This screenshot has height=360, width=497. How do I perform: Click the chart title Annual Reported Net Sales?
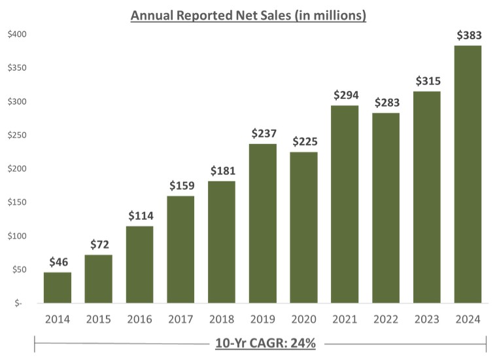pyautogui.click(x=248, y=14)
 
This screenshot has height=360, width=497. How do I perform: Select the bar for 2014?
pyautogui.click(x=58, y=287)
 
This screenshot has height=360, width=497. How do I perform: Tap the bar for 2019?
pyautogui.click(x=263, y=223)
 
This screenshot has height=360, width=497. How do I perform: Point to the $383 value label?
pyautogui.click(x=468, y=35)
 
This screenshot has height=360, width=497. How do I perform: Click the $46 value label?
pyautogui.click(x=58, y=262)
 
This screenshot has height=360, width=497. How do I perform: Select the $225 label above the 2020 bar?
pyautogui.click(x=304, y=141)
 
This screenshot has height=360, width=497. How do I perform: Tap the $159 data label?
pyautogui.click(x=180, y=186)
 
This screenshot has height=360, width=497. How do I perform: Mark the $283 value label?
pyautogui.click(x=386, y=103)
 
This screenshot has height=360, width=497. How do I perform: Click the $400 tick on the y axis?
pyautogui.click(x=16, y=34)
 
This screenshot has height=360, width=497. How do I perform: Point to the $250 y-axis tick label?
pyautogui.click(x=16, y=135)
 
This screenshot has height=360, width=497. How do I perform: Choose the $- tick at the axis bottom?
pyautogui.click(x=18, y=303)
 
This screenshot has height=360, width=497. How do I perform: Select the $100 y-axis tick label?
pyautogui.click(x=16, y=236)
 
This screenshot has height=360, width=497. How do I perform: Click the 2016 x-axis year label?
pyautogui.click(x=140, y=319)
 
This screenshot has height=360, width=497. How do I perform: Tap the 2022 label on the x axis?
pyautogui.click(x=386, y=319)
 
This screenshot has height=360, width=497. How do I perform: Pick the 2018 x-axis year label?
pyautogui.click(x=222, y=319)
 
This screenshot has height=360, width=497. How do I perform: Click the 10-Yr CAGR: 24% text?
pyautogui.click(x=266, y=344)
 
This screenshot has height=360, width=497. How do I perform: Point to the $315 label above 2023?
pyautogui.click(x=427, y=81)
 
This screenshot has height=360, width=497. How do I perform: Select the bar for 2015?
pyautogui.click(x=99, y=279)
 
